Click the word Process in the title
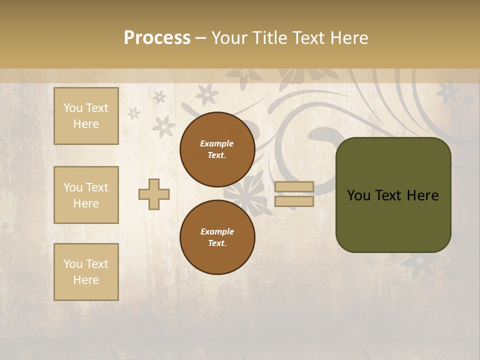pyautogui.click(x=157, y=38)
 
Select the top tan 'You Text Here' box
pyautogui.click(x=86, y=116)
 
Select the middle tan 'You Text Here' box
pyautogui.click(x=86, y=195)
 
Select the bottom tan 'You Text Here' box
pyautogui.click(x=86, y=271)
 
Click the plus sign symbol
pyautogui.click(x=154, y=194)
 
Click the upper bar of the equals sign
pyautogui.click(x=294, y=186)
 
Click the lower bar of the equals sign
pyautogui.click(x=294, y=201)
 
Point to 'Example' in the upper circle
pyautogui.click(x=217, y=143)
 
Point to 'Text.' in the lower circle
pyautogui.click(x=217, y=243)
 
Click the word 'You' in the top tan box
pyautogui.click(x=73, y=108)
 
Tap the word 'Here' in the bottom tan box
pyautogui.click(x=86, y=280)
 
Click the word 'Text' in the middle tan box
pyautogui.click(x=96, y=187)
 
